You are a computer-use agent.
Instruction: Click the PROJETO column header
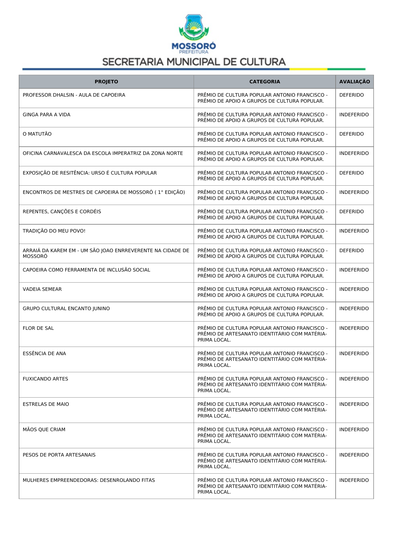coord(106,82)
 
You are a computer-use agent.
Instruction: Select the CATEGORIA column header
coord(265,82)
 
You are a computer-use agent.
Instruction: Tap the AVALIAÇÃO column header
coord(354,82)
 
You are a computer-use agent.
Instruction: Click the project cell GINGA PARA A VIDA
coord(47,115)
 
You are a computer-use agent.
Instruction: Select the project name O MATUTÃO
coord(37,134)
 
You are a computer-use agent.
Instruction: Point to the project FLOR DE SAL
coord(38,328)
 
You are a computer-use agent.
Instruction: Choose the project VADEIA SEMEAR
coord(42,289)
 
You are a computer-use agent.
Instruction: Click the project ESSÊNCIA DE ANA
coord(44,354)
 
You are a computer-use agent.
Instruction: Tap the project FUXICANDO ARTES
coord(45,379)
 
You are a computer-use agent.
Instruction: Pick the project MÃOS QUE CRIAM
coord(44,430)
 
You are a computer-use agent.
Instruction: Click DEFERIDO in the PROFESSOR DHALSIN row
coord(351,95)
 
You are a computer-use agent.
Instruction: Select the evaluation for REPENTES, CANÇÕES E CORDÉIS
coord(351,212)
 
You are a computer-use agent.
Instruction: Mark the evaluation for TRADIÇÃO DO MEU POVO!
coord(354,231)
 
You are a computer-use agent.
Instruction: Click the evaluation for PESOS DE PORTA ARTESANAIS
coord(354,455)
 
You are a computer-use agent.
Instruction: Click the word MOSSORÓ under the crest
coord(194,46)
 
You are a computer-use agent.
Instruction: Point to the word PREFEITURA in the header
coord(194,52)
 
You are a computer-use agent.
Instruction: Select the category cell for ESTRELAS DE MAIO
coord(262,410)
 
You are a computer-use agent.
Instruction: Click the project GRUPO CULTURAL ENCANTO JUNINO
coord(66,309)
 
